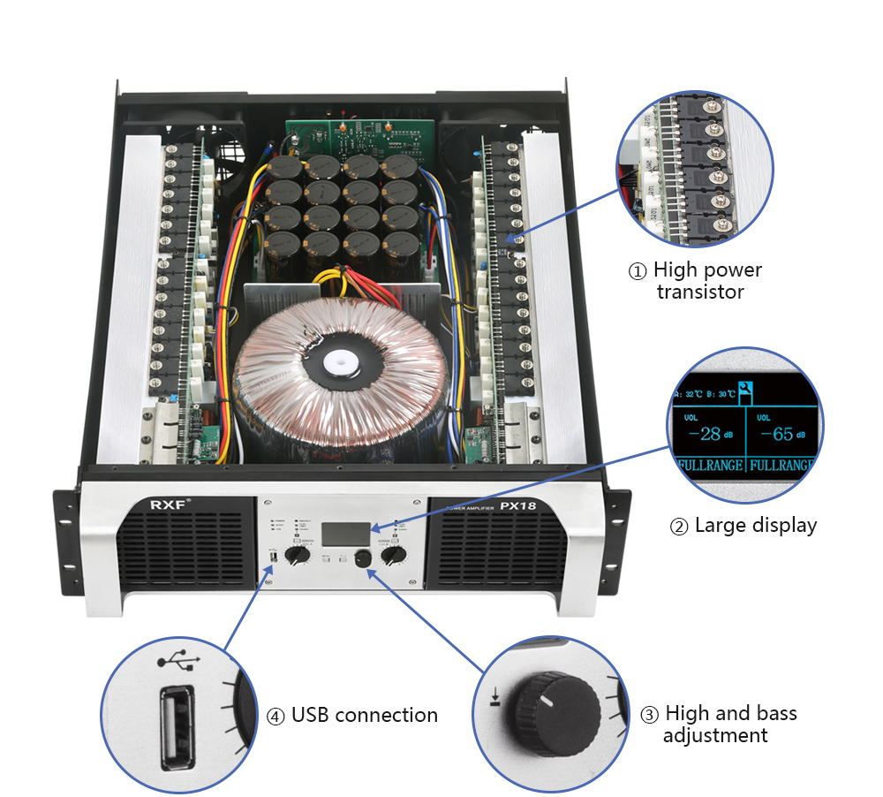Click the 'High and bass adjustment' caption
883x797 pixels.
[x=729, y=724]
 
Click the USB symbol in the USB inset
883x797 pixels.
[x=174, y=660]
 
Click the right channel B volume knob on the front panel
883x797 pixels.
[x=396, y=555]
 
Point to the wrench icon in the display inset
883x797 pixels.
[x=747, y=388]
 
